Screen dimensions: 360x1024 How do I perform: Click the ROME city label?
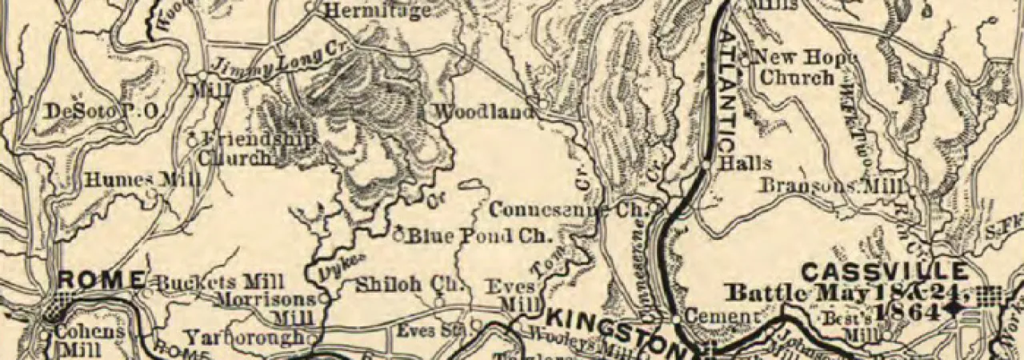click(x=102, y=281)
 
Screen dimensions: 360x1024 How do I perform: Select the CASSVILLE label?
click(x=883, y=271)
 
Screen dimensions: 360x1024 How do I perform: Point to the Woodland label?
click(x=482, y=113)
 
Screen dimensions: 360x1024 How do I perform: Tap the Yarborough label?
click(x=246, y=337)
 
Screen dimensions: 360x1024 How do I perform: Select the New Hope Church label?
click(x=800, y=67)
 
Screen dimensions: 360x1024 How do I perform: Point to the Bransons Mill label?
click(x=832, y=186)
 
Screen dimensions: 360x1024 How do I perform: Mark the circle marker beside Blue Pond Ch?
click(x=398, y=235)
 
